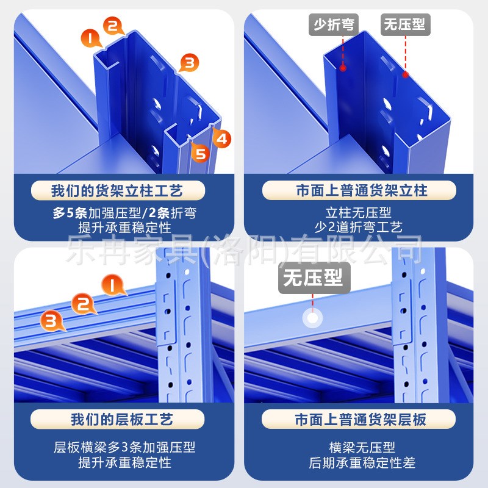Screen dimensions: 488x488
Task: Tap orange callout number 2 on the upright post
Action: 113,26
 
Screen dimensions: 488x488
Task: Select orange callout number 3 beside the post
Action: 190,62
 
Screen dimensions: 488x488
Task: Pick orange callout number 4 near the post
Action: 223,138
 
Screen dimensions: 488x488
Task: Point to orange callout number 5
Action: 199,153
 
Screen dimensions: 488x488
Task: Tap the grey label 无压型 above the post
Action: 404,25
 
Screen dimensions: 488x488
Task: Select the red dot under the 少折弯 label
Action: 343,68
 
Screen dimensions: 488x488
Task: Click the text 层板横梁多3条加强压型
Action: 124,448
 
